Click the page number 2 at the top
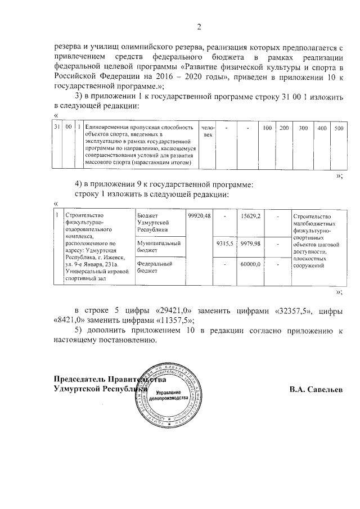tap(199, 26)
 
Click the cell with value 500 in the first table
tap(339, 129)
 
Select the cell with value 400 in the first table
tap(322, 129)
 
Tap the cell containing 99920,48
tap(199, 216)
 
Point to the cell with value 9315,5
tap(224, 243)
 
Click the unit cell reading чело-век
tap(208, 132)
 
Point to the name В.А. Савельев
tap(316, 389)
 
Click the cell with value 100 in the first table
tap(268, 129)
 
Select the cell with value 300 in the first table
tap(303, 129)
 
